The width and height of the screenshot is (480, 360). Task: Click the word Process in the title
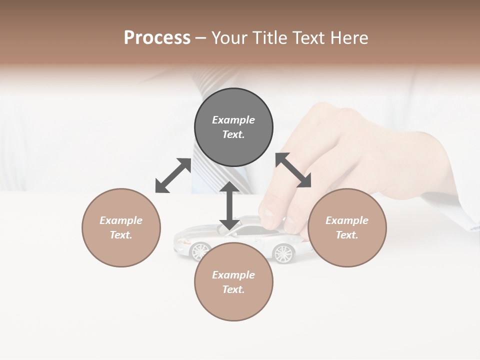tap(157, 38)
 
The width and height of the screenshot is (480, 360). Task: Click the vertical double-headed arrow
tap(229, 205)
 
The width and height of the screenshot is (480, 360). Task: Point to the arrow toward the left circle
tap(173, 175)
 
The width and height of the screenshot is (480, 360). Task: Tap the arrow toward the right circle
tap(293, 170)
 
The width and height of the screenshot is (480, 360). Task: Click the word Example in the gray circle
tap(233, 120)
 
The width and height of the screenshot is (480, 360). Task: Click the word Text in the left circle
tap(121, 235)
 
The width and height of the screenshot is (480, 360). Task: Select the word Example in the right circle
tap(347, 220)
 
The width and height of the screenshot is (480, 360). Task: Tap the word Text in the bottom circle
tap(233, 289)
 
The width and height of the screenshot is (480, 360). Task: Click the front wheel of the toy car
tap(200, 250)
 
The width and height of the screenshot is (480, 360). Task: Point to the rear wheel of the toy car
tap(283, 253)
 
